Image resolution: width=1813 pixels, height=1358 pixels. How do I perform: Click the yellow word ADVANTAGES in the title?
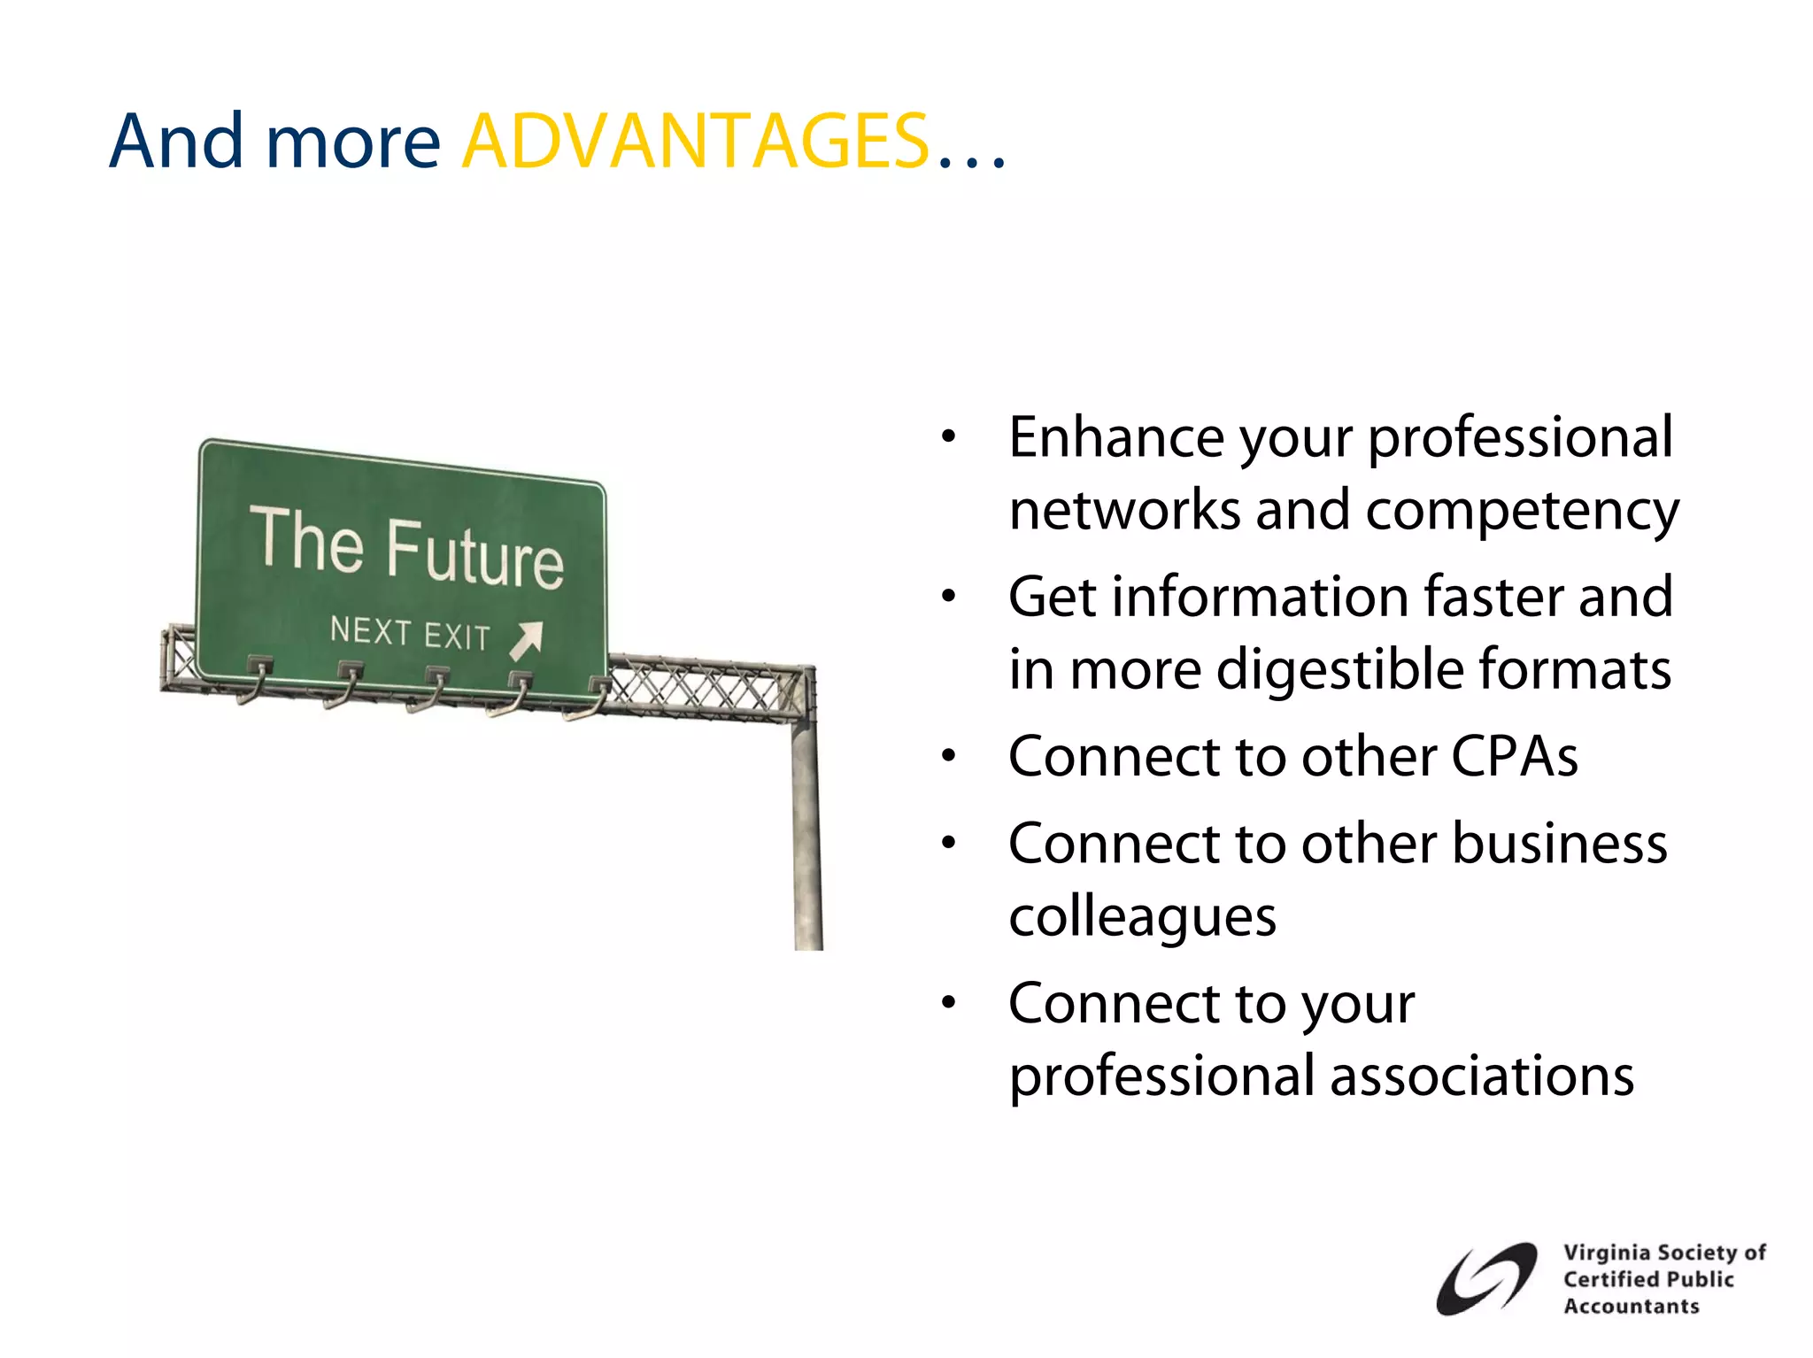pos(696,142)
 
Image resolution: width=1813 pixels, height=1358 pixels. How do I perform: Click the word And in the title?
pos(176,142)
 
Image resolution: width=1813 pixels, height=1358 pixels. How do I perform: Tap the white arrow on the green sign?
pos(526,640)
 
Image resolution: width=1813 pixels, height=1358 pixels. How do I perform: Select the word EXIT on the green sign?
pos(456,637)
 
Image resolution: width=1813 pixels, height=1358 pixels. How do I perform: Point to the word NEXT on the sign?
pos(370,630)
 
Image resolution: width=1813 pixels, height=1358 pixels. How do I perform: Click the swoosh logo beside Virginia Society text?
pos(1486,1278)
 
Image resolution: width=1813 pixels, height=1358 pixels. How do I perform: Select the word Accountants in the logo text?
pos(1631,1306)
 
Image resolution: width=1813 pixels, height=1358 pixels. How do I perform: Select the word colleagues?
pos(1142,916)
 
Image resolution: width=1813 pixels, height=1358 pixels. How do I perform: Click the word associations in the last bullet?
pos(1482,1076)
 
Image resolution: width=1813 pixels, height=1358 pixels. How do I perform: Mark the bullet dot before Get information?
pos(949,597)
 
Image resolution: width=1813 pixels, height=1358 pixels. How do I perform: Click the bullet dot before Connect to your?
pos(949,1003)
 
